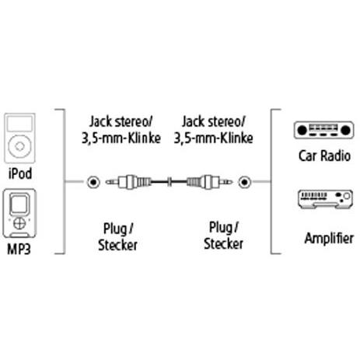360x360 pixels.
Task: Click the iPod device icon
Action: (x=19, y=138)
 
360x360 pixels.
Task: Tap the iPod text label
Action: (x=20, y=173)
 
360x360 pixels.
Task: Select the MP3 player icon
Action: (x=19, y=214)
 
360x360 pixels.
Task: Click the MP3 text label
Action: (x=19, y=250)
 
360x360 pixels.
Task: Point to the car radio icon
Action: (x=323, y=130)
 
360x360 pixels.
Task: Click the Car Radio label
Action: (x=324, y=156)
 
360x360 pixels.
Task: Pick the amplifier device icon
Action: (x=325, y=199)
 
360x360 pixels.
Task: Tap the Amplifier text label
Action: (x=329, y=238)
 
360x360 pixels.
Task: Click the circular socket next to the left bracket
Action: (x=93, y=182)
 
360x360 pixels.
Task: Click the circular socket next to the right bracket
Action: (x=244, y=182)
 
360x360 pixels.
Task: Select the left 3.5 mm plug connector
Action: (x=128, y=182)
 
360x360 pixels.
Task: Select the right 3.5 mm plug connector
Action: (x=209, y=182)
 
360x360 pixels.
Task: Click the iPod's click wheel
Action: (x=19, y=146)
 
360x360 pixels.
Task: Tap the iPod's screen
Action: (x=19, y=124)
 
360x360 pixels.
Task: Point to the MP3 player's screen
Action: (x=19, y=204)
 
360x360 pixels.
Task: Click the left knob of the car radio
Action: (x=302, y=130)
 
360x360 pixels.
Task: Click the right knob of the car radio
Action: (x=345, y=130)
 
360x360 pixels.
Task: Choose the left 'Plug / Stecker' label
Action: (x=118, y=237)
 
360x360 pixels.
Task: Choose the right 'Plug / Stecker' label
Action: (x=223, y=236)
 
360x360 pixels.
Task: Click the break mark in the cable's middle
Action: (x=169, y=182)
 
